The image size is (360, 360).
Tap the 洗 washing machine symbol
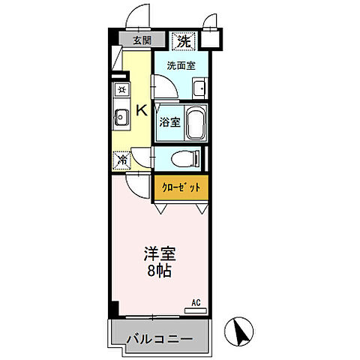184,41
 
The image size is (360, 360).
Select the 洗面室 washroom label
181,66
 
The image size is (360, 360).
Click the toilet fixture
184,158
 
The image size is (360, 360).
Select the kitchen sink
120,116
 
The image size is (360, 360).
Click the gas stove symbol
120,90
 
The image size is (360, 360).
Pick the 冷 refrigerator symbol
121,159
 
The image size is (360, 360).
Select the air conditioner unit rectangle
196,309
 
